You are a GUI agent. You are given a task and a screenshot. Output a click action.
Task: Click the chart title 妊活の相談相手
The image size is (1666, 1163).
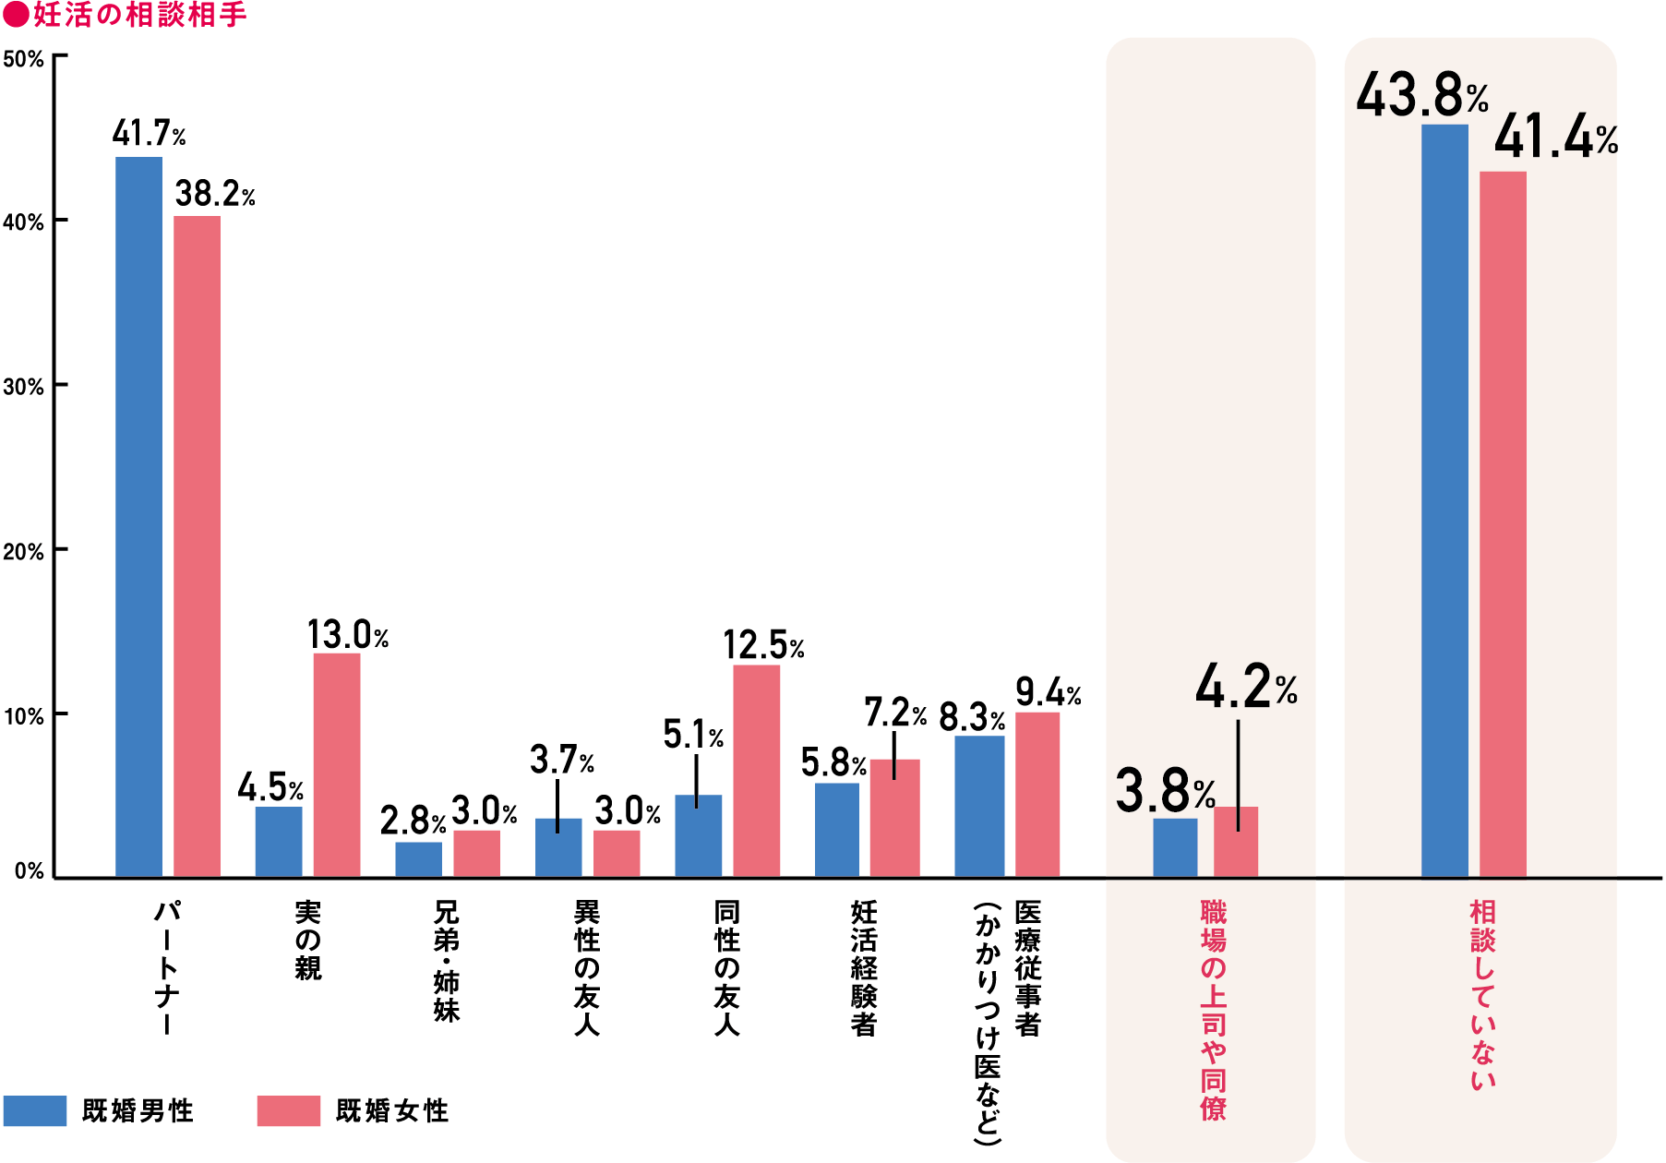[138, 15]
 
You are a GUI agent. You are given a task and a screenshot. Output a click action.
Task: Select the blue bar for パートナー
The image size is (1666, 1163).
[138, 517]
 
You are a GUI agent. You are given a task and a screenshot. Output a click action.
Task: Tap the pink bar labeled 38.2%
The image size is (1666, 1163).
[197, 545]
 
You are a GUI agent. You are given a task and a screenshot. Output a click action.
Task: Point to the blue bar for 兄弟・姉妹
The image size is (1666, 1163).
[418, 859]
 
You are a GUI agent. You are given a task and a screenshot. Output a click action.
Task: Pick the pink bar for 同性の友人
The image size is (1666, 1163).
[756, 771]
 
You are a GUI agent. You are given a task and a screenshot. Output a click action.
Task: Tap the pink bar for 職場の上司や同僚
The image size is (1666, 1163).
[1235, 842]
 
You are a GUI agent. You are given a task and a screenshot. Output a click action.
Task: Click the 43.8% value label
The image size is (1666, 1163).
[1421, 96]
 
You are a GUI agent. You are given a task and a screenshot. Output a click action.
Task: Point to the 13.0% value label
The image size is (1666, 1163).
[347, 635]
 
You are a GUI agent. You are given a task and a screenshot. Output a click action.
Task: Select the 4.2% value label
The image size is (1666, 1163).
[1245, 688]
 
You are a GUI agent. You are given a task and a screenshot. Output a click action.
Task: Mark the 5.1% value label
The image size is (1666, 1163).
[693, 736]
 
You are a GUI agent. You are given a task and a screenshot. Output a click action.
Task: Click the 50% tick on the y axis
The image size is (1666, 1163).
[23, 60]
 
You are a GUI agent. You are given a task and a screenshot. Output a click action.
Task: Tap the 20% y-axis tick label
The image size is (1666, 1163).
[23, 552]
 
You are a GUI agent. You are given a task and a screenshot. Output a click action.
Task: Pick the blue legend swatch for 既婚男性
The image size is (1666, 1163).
[35, 1110]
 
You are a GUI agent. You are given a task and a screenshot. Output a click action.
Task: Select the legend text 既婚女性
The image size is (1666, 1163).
[392, 1110]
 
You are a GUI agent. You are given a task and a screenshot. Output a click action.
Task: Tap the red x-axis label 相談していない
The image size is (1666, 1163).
[1482, 995]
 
